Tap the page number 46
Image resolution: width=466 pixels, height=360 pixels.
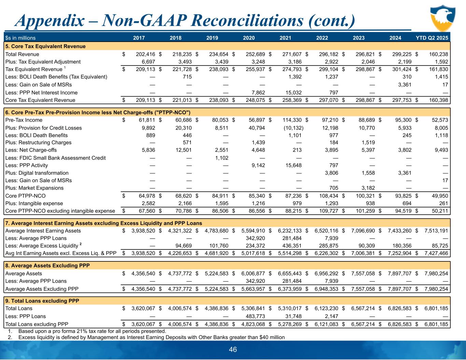pos(233,349)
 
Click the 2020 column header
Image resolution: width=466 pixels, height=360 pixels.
pos(249,38)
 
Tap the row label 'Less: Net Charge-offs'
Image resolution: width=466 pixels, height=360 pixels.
pos(31,150)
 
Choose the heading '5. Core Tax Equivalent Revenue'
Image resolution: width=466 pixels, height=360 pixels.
pos(45,46)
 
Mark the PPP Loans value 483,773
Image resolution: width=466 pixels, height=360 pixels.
pos(254,316)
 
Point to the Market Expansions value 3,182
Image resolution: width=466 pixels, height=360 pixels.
pos(368,188)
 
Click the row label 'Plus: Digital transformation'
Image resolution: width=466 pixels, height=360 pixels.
pos(37,173)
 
